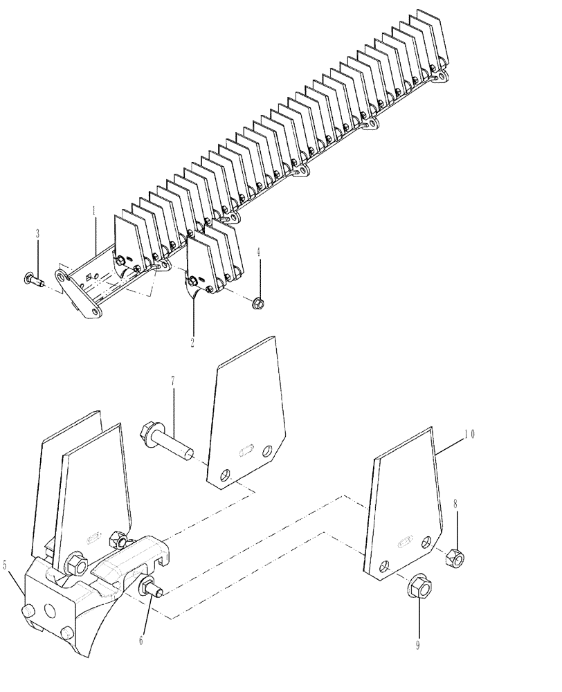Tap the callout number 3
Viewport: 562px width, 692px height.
coord(38,235)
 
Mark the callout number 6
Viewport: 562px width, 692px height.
coord(141,641)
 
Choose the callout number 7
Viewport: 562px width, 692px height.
coord(174,381)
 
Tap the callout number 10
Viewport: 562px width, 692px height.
coord(469,435)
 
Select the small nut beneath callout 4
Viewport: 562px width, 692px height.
coord(258,302)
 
